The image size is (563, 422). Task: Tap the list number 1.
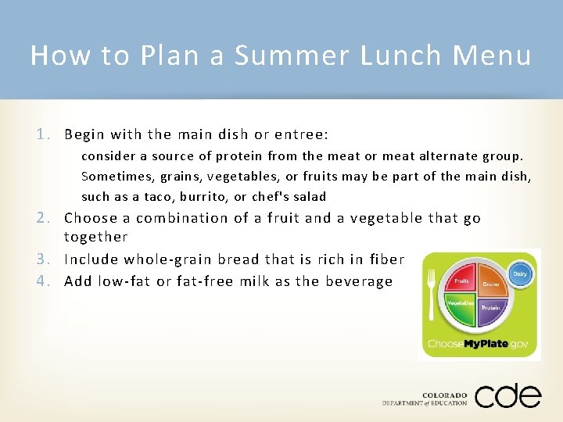click(x=48, y=134)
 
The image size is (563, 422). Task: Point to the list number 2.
click(x=48, y=219)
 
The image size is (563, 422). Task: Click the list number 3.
click(x=48, y=259)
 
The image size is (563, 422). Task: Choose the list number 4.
click(x=48, y=281)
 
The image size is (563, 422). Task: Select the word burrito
click(x=203, y=197)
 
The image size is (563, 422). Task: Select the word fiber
click(x=386, y=259)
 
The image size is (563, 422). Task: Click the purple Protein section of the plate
click(x=490, y=308)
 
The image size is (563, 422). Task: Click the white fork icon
click(x=432, y=293)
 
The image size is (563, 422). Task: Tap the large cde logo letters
click(x=507, y=395)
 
